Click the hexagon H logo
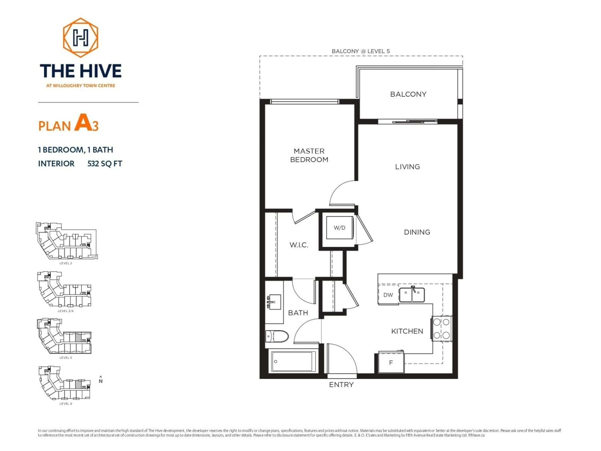point(80,38)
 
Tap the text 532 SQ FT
point(105,164)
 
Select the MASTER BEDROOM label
point(309,155)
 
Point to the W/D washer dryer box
point(340,228)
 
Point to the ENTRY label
point(341,385)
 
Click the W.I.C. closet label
point(299,245)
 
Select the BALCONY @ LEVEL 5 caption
point(361,51)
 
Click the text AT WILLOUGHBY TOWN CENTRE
point(81,86)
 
